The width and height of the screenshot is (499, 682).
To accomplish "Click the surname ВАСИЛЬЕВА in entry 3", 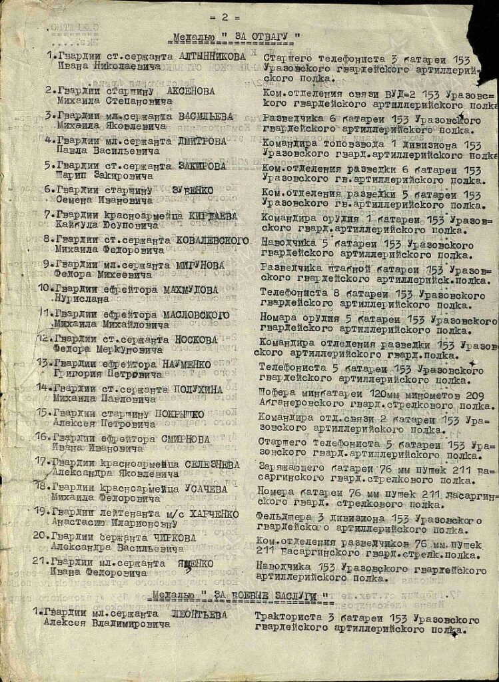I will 206,116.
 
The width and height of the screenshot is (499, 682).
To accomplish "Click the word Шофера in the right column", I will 275,394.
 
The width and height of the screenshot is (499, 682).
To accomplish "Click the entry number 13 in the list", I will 45,364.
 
